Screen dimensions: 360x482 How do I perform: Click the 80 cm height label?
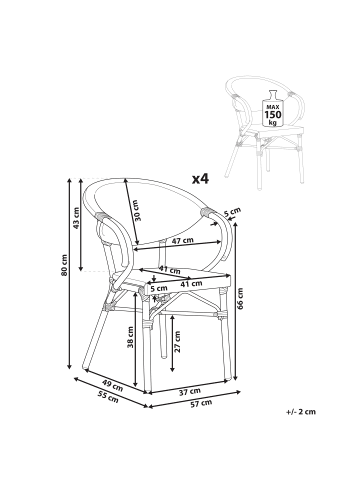64,265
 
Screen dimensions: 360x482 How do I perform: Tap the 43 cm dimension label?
76,218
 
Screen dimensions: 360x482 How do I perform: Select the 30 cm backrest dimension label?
136,210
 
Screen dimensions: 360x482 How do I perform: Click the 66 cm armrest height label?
240,298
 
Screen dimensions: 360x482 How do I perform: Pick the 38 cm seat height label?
130,337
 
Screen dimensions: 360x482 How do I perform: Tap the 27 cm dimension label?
177,342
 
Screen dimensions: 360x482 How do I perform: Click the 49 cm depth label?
112,386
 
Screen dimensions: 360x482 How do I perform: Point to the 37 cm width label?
190,392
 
